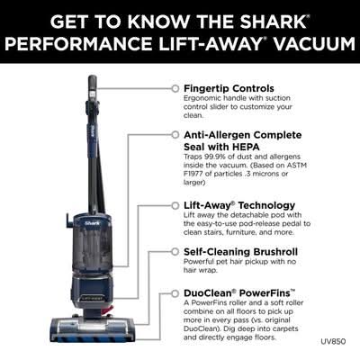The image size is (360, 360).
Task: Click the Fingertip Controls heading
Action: (229, 88)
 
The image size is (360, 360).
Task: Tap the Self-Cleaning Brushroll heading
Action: (240, 252)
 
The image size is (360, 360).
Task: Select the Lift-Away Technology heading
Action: (239, 205)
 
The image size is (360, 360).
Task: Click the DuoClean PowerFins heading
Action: (239, 292)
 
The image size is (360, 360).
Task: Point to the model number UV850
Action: (333, 341)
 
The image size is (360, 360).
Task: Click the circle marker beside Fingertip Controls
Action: (175, 88)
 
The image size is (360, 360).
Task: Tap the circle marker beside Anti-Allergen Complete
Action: (175, 135)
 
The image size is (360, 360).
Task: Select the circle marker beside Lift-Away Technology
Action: (175, 205)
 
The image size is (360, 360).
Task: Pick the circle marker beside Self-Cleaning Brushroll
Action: (175, 252)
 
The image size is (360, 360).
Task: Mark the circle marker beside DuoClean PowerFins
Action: (175, 293)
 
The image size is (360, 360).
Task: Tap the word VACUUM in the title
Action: (315, 44)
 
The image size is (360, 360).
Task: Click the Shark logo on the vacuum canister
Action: (93, 223)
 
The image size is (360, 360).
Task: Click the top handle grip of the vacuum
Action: (93, 87)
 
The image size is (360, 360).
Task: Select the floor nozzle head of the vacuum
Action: (91, 329)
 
